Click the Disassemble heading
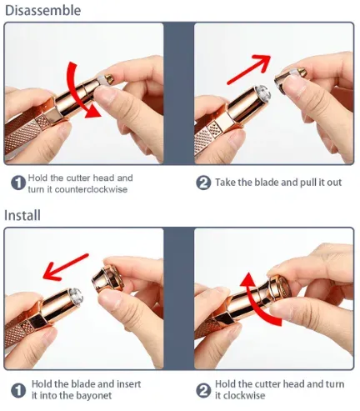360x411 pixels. click(x=43, y=11)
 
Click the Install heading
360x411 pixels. click(x=22, y=216)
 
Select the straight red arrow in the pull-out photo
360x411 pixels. click(x=248, y=69)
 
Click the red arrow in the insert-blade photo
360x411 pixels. click(x=66, y=267)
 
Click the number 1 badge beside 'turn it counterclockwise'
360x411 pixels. click(x=18, y=183)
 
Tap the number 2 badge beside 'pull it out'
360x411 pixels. click(x=203, y=183)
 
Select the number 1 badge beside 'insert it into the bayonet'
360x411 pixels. click(x=18, y=390)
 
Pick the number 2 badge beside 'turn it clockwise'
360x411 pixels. click(x=203, y=390)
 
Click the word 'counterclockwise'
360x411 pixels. click(x=91, y=189)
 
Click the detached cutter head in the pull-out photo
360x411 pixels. click(x=290, y=80)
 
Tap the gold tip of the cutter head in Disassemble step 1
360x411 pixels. click(x=109, y=78)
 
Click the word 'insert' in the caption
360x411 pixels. click(x=128, y=384)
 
